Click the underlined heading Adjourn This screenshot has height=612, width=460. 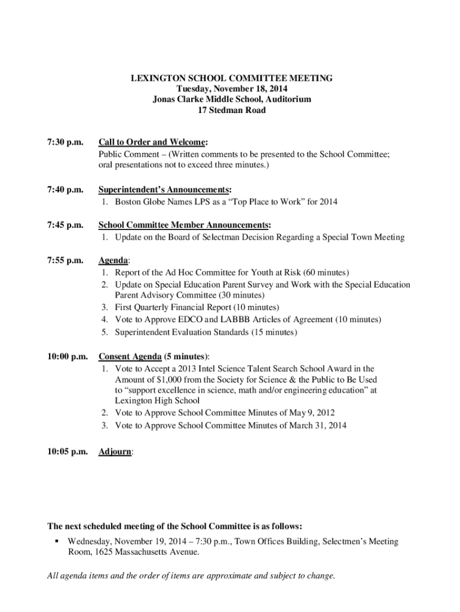coord(115,452)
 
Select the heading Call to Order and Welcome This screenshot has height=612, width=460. coord(152,142)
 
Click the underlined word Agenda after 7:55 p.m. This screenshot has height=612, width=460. coord(113,261)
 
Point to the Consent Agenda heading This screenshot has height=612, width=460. coord(130,357)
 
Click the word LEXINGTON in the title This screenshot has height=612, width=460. coord(158,78)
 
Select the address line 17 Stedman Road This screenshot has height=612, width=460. coord(232,110)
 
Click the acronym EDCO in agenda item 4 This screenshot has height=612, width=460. coord(191,320)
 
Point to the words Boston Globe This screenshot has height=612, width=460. coord(142,201)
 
